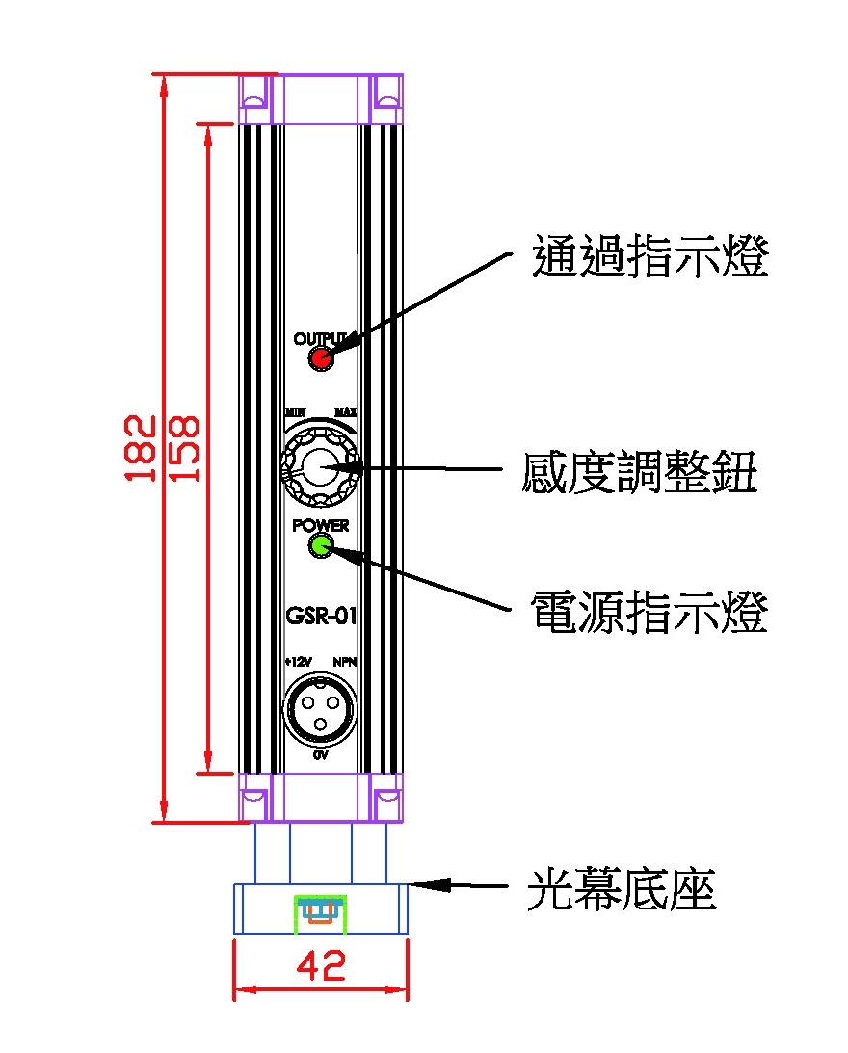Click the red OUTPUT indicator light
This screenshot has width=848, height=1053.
pos(319,358)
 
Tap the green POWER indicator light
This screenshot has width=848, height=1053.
pos(320,546)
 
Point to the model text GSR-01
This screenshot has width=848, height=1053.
pos(321,616)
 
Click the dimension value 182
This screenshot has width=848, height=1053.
pos(141,448)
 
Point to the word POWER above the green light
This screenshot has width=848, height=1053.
pos(321,526)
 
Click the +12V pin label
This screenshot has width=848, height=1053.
pos(298,663)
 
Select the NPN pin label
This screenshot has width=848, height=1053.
pos(344,663)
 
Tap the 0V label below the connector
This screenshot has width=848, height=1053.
pos(321,756)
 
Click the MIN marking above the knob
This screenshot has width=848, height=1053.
pos(295,411)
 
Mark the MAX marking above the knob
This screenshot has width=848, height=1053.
pos(346,411)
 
